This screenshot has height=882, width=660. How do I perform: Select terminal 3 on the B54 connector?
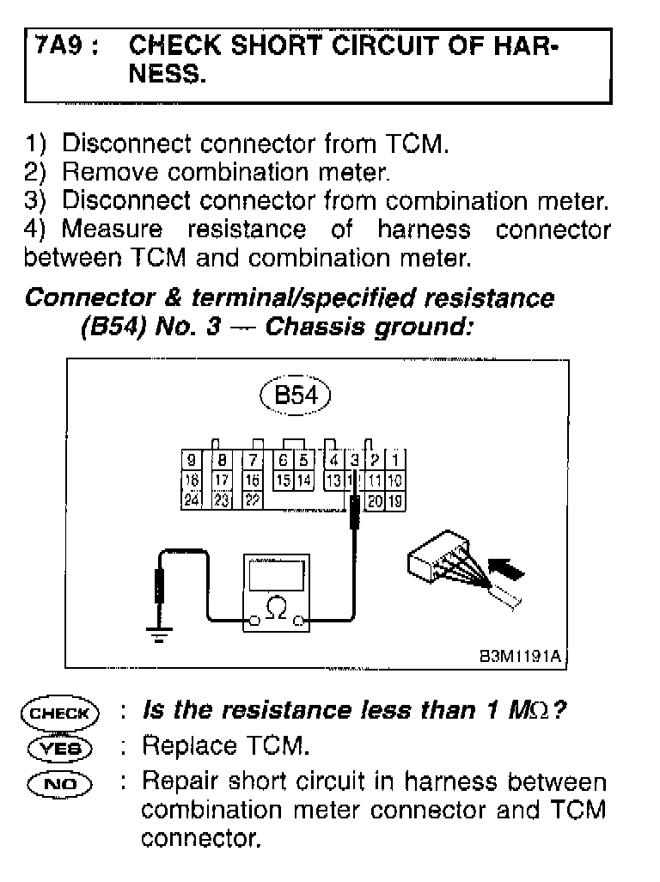354,460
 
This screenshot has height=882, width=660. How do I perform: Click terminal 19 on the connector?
395,499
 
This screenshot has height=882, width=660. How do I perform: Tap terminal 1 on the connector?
395,460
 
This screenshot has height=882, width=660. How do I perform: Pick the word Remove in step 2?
110,172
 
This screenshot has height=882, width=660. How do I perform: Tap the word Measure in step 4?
112,230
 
